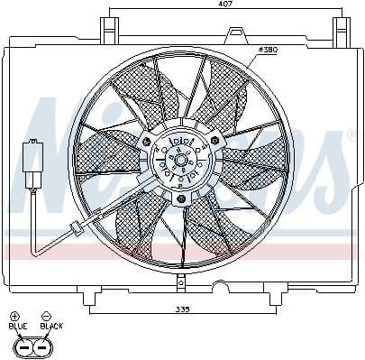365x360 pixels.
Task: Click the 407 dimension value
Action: point(224,5)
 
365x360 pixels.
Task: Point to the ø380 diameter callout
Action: point(268,50)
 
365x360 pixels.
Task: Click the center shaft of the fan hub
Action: point(181,162)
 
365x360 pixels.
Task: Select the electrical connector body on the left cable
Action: point(33,163)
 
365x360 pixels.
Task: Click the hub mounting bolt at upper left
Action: point(157,143)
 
